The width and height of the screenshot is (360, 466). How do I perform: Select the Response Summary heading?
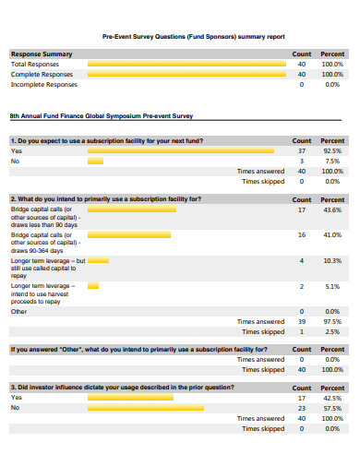(42, 54)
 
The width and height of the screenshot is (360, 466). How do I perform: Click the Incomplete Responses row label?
(43, 84)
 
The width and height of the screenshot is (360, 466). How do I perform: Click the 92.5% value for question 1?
(332, 150)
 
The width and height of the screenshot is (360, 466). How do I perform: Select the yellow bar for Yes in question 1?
(180, 150)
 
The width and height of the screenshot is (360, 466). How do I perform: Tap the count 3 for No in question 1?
(302, 161)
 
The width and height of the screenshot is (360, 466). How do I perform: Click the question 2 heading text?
(105, 198)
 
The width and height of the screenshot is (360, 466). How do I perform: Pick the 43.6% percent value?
(332, 209)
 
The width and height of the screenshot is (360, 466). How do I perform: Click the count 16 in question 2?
(302, 235)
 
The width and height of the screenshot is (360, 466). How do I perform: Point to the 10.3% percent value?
(332, 261)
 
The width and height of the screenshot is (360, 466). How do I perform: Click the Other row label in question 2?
(19, 311)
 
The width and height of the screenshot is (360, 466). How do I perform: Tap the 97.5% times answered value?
(332, 321)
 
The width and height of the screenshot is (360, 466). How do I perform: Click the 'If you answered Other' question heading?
(138, 350)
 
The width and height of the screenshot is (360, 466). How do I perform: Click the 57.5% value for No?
(332, 408)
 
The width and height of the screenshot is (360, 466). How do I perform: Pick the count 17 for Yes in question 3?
(302, 398)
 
